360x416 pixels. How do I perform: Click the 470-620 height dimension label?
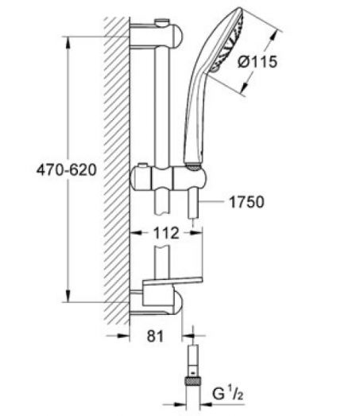pos(67,170)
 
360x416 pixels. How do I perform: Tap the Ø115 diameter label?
pos(257,62)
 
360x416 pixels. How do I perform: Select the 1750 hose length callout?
pos(246,202)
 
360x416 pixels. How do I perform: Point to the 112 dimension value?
pos(166,233)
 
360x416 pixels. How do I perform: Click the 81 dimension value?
pos(155,336)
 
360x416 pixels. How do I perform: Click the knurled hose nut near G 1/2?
pos(193,382)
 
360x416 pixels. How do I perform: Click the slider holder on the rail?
pos(168,177)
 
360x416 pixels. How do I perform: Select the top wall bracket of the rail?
pos(157,34)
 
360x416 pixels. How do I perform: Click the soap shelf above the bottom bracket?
pos(172,282)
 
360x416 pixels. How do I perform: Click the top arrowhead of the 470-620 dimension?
pos(68,42)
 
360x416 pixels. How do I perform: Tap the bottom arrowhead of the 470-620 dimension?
pos(68,296)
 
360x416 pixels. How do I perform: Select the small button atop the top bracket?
pos(162,22)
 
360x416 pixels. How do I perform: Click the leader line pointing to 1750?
pos(211,202)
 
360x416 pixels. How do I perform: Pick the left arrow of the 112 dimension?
pos(136,233)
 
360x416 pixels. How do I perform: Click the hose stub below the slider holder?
pos(194,203)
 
